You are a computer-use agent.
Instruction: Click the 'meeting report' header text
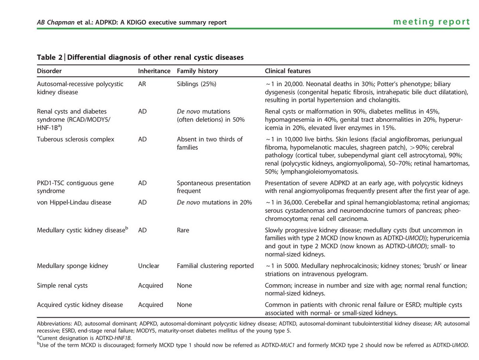pos(431,22)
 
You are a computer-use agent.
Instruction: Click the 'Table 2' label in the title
pos(49,57)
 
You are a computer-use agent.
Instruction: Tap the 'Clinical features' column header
pos(288,71)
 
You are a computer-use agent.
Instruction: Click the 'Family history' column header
pos(197,71)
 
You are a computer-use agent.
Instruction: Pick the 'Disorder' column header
pos(49,71)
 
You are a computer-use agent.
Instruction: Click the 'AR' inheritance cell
pos(142,84)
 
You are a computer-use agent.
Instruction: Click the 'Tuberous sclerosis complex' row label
pos(75,139)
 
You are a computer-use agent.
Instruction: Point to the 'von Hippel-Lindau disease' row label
pos(74,202)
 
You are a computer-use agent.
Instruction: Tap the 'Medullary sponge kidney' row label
pos(72,266)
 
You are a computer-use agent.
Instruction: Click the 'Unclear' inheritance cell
pos(148,266)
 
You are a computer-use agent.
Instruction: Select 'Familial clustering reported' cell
pos(215,266)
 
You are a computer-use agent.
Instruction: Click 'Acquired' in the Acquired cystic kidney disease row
pos(150,305)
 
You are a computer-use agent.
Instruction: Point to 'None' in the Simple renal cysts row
pos(184,285)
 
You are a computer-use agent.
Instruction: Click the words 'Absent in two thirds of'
pos(210,139)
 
